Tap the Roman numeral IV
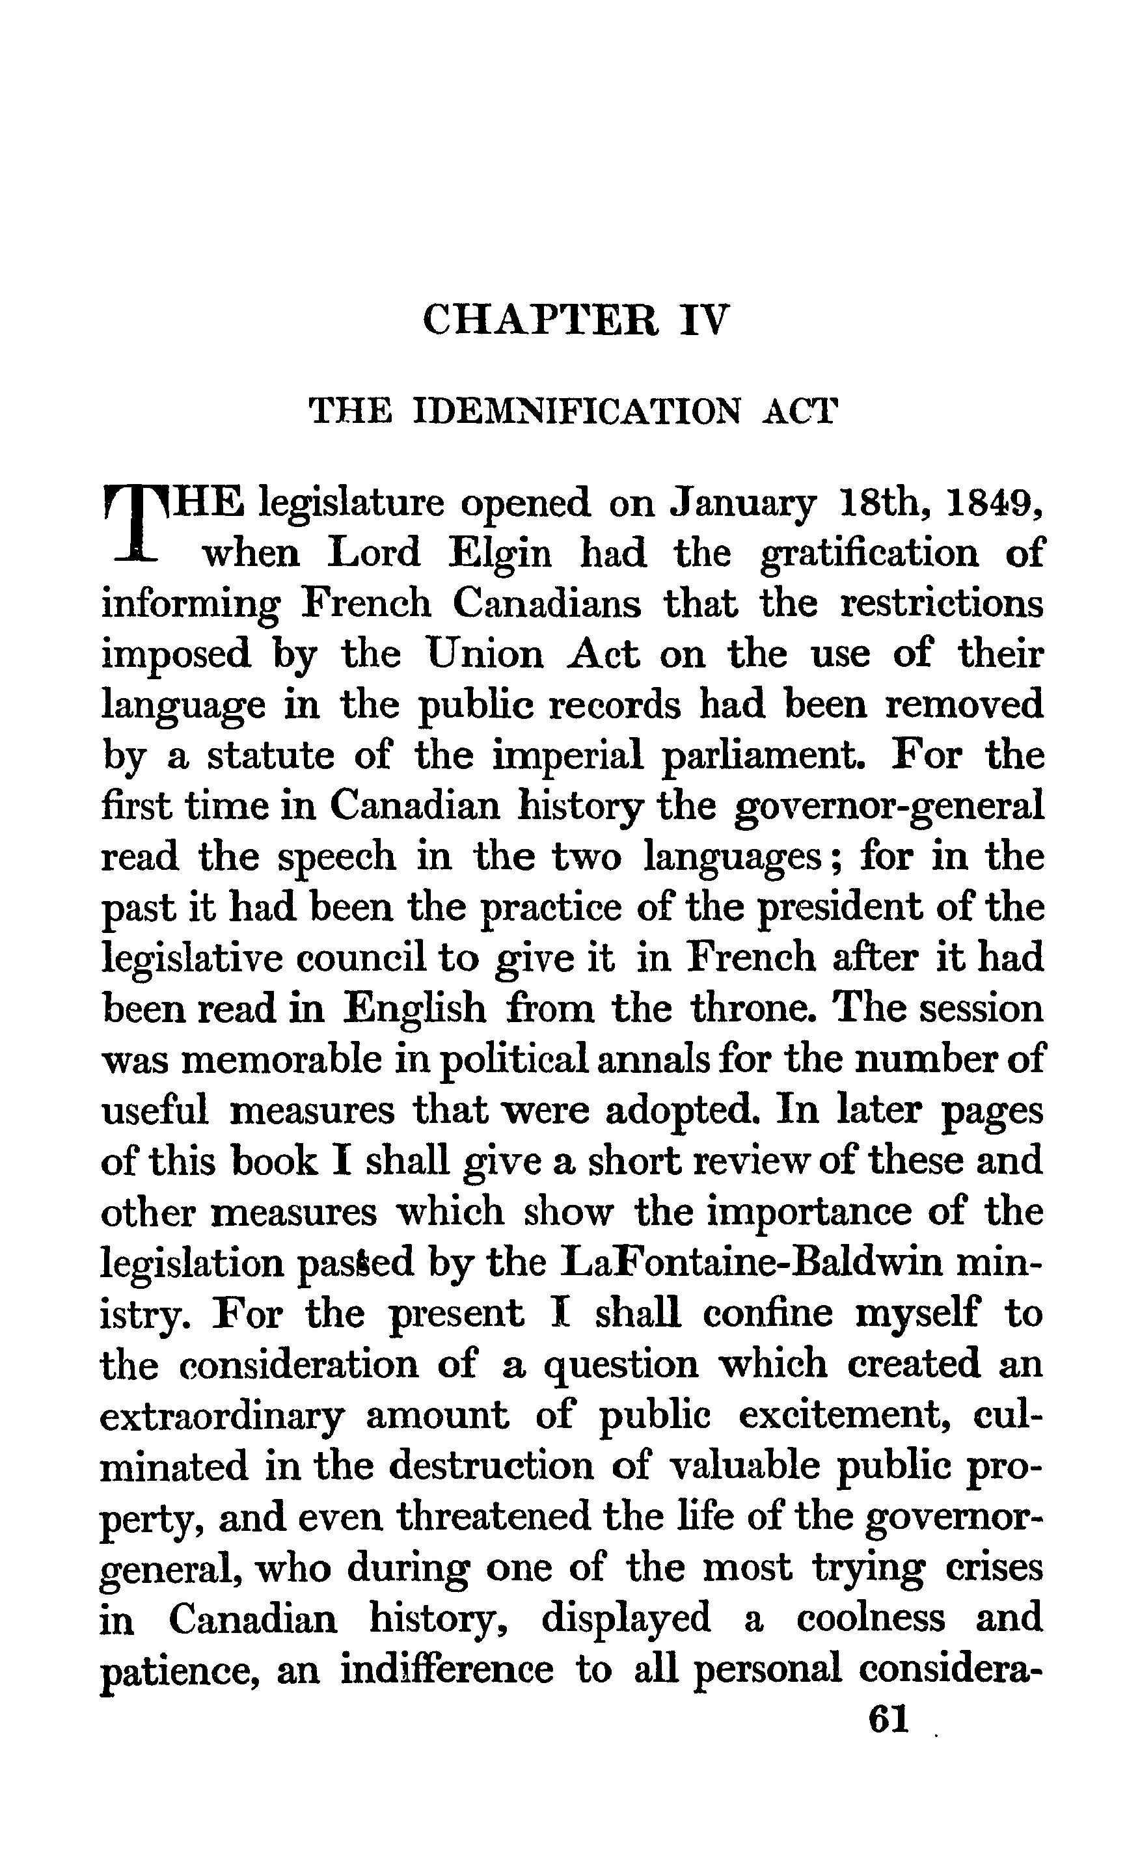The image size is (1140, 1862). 705,319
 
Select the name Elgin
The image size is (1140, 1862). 500,553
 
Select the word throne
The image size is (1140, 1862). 757,1009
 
